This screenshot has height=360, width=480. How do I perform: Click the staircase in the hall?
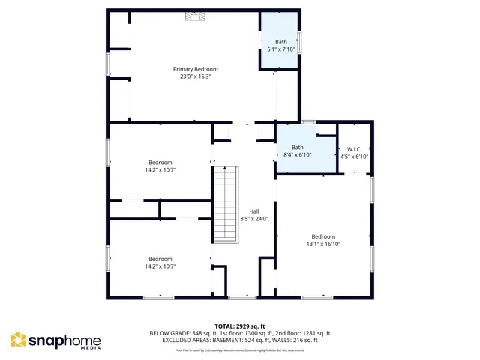[226, 205]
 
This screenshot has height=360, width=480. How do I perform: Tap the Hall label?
[254, 211]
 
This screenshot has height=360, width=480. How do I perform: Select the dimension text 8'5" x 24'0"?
[254, 219]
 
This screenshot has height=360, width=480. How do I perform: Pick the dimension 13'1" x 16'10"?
[323, 243]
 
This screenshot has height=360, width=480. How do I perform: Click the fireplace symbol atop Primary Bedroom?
[194, 15]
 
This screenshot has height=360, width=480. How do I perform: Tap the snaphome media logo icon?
[18, 340]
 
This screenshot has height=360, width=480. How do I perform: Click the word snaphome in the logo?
[64, 340]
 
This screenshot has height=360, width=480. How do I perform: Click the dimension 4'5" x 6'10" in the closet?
[355, 156]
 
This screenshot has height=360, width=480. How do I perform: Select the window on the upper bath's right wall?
[300, 42]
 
